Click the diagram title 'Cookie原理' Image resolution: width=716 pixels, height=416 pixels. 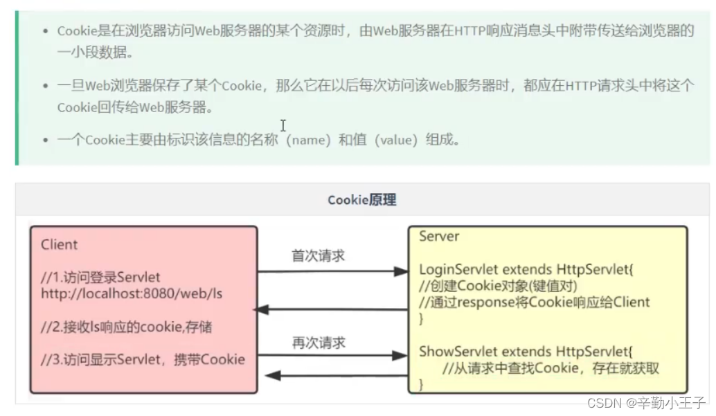point(361,201)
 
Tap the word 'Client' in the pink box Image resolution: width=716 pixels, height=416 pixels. point(60,244)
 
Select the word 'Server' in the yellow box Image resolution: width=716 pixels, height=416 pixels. point(439,237)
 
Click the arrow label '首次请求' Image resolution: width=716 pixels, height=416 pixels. point(319,256)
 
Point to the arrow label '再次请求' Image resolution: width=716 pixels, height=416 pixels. point(319,343)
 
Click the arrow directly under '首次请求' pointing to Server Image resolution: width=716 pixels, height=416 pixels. point(332,272)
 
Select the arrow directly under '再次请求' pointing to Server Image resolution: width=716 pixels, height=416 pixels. point(332,356)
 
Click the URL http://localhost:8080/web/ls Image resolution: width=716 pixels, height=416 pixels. point(132,293)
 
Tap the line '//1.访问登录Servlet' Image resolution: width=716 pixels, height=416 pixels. point(100,278)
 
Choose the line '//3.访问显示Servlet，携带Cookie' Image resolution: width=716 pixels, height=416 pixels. point(143,359)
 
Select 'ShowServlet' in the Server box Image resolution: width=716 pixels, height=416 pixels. point(452,352)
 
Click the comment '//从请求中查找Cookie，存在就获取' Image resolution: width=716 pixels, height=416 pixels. point(551,368)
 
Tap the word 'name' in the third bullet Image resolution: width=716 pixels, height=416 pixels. point(307,140)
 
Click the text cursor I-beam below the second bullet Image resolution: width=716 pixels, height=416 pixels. point(283,125)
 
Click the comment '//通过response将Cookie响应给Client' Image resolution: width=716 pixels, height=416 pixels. point(535,302)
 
